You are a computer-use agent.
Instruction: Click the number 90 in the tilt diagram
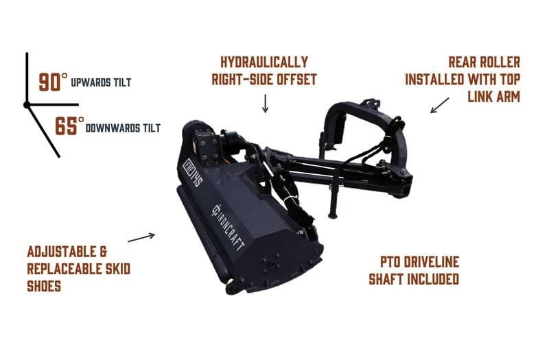coord(49,82)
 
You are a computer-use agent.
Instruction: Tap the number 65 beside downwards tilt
coord(66,126)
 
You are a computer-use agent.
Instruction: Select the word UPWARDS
coord(86,82)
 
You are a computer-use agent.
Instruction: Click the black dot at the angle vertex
coord(27,105)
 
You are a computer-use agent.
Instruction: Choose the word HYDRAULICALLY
coord(264,62)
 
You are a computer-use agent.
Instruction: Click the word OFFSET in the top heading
coord(297,80)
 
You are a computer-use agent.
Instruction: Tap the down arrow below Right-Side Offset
coord(266,104)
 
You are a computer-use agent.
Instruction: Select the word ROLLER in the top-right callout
coord(500,62)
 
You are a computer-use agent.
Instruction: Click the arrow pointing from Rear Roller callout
coord(439,106)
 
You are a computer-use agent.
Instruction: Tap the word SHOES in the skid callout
coord(44,286)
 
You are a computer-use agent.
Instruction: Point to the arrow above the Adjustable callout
coord(141,237)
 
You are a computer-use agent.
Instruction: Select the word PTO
coord(390,262)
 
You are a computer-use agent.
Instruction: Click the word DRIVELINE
coord(431,262)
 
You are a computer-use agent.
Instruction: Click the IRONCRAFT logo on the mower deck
coord(228,228)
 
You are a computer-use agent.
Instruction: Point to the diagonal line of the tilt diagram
coord(43,131)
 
